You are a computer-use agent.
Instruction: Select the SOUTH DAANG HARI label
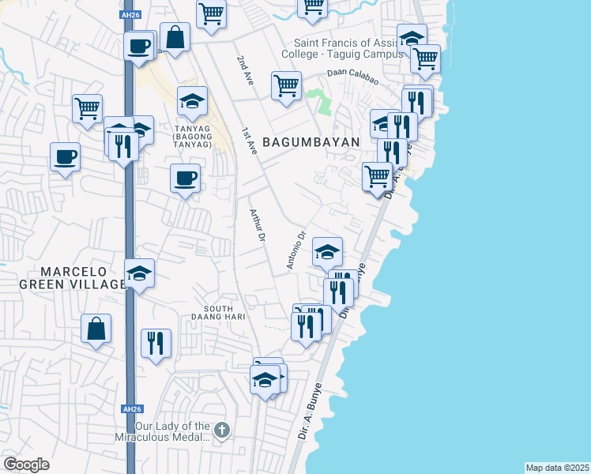point(227,312)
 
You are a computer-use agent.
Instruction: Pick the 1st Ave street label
point(250,141)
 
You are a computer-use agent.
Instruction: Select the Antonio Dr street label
point(295,250)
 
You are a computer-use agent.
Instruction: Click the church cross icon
point(223,431)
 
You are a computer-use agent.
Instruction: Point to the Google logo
point(26,465)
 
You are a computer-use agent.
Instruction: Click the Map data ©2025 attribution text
point(557,467)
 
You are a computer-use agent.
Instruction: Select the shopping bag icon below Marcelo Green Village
point(96,329)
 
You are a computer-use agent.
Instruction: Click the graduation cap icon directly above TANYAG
point(192,101)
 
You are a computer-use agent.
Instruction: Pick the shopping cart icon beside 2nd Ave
point(286,85)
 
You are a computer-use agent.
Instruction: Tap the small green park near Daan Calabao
point(320,102)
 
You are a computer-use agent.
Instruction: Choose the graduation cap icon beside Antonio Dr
point(327,251)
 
